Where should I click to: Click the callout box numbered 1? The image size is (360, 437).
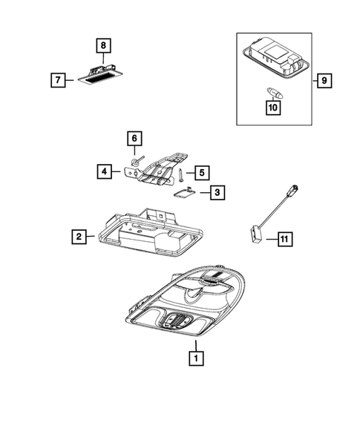(196, 358)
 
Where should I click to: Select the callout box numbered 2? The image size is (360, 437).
(79, 237)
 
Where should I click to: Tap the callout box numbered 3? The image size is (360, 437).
(217, 192)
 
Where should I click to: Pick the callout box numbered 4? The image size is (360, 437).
(105, 171)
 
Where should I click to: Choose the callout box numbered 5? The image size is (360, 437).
(202, 173)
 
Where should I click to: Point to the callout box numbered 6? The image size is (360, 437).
(134, 138)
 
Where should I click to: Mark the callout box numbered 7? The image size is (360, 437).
(58, 80)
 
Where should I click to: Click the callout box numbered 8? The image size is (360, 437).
(103, 45)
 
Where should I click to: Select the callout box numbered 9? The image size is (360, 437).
(324, 81)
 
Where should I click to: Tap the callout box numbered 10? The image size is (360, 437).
(273, 108)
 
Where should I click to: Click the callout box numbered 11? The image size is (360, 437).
(285, 239)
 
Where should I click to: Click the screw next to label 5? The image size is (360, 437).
(180, 176)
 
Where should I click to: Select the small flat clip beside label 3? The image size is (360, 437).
(184, 191)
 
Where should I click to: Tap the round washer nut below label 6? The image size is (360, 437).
(135, 161)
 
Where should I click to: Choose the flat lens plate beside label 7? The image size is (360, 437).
(101, 76)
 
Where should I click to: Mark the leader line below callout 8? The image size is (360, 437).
(103, 59)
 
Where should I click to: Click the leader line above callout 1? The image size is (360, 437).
(196, 346)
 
